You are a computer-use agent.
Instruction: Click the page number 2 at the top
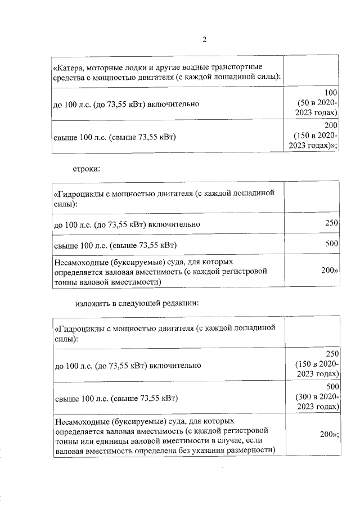point(205,39)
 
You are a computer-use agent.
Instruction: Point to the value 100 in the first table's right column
point(331,92)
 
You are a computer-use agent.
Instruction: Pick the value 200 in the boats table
point(331,125)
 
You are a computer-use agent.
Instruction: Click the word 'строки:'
point(87,168)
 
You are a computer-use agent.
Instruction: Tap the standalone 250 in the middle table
point(331,224)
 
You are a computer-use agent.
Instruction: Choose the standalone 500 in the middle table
point(331,244)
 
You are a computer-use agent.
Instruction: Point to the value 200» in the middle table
point(330,271)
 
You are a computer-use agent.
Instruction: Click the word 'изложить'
point(92,304)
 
